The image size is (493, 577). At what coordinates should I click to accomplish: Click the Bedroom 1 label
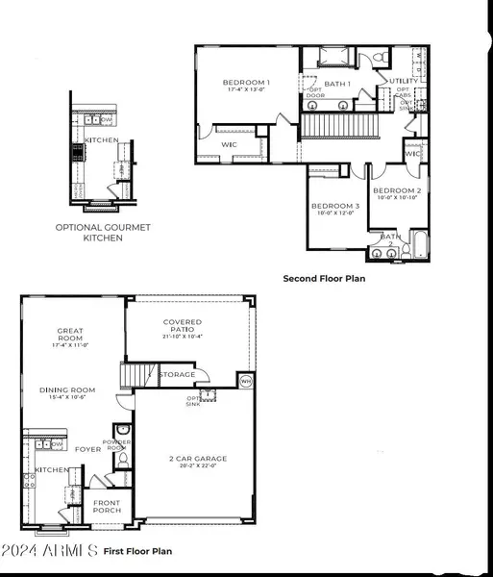246,83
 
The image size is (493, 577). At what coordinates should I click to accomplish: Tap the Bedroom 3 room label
335,206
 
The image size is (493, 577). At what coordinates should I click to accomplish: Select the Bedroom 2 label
397,190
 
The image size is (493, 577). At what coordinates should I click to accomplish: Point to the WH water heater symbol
245,381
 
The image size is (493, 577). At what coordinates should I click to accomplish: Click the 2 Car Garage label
193,459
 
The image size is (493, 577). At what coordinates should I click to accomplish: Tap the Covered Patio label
183,323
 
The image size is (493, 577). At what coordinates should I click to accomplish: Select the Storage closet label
177,375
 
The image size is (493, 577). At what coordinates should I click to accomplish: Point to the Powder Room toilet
122,461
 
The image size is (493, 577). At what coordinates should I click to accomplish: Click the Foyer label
88,448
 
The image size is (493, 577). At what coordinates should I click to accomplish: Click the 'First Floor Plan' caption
137,551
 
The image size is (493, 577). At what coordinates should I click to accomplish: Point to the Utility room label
404,81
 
